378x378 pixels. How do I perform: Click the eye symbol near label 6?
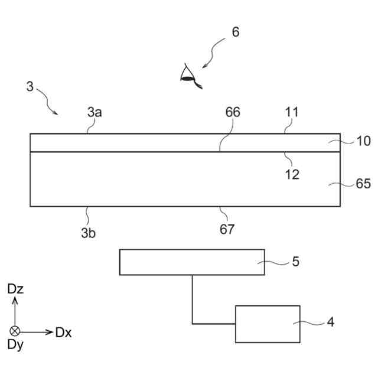[188, 75]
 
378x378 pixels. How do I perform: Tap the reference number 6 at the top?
[235, 32]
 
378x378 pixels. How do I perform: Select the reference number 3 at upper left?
[30, 86]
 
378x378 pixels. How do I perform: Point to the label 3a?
[94, 112]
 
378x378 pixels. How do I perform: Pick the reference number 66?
[233, 112]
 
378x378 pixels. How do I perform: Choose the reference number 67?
[227, 230]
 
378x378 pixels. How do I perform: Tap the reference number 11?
[292, 112]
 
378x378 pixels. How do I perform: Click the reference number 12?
[292, 175]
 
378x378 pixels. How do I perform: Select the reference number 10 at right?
[363, 141]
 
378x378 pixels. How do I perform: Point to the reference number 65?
[363, 184]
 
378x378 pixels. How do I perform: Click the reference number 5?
[295, 262]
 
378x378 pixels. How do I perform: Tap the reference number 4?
[330, 322]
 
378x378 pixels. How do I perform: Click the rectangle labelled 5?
[192, 262]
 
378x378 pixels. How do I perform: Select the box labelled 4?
[268, 324]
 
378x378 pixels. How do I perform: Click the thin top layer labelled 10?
[177, 143]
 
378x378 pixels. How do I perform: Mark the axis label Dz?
[16, 289]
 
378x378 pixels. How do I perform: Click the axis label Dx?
[63, 332]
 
